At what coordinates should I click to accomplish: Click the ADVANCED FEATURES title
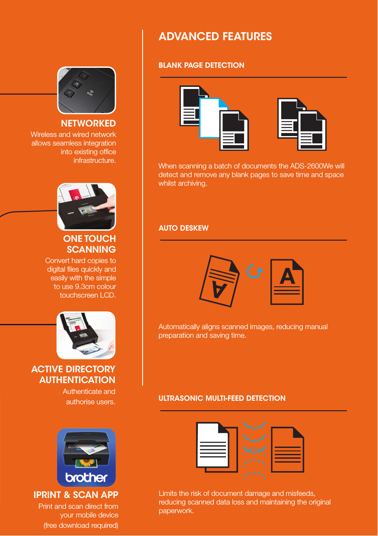215,36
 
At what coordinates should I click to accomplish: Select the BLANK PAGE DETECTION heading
201,65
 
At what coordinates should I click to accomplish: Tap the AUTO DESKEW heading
183,228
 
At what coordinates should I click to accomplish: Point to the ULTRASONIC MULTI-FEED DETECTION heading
222,398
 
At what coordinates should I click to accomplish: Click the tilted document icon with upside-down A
219,281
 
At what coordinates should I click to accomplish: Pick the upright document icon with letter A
287,282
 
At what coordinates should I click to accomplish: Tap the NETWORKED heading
88,124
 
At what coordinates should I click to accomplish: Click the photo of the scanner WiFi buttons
86,90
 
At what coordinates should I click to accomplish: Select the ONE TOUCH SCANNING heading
90,244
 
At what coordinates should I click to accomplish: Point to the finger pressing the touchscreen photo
86,206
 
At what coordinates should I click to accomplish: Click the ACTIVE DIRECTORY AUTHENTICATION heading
73,374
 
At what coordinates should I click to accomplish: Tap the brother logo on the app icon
86,478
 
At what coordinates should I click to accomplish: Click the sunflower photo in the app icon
86,463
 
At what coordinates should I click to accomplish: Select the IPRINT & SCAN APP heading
76,495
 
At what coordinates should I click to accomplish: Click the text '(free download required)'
81,525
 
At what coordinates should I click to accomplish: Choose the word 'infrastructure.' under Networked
95,161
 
